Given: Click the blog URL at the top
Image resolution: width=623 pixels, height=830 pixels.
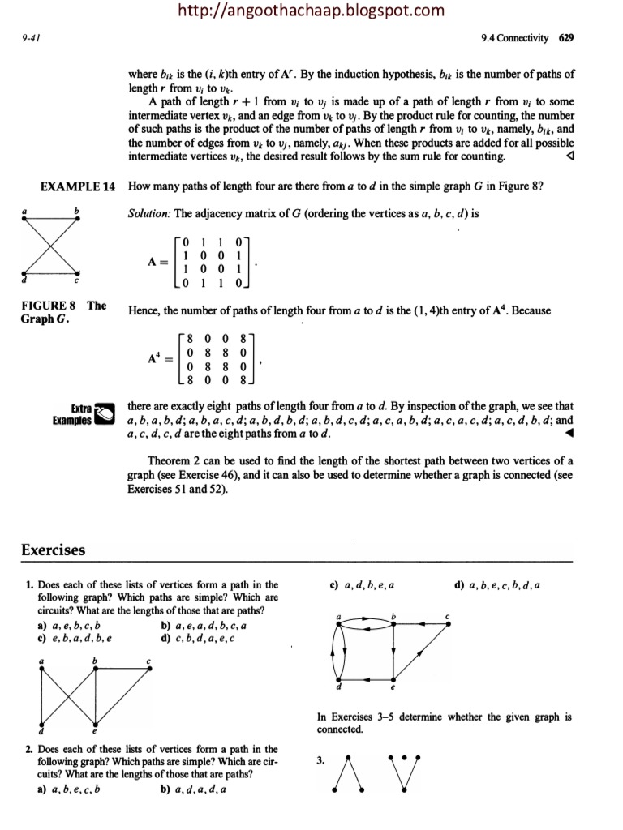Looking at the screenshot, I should pos(311,11).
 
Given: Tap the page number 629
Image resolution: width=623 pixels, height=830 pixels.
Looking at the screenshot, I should pos(566,38).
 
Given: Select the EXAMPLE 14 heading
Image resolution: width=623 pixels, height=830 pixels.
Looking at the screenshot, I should pos(78,186).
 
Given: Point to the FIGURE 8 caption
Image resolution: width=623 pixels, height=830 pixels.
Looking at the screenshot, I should pos(62,311).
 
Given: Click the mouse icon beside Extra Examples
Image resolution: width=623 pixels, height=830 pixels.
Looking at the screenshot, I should pos(105,413).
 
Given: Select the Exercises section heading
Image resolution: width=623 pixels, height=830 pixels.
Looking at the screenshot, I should pos(53,550).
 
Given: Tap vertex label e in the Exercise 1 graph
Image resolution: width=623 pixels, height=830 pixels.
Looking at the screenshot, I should pos(95,732).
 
